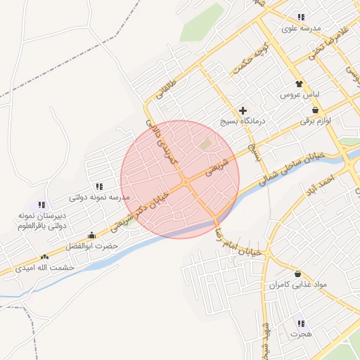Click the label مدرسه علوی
click(x=301, y=28)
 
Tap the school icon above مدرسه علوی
click(x=301, y=17)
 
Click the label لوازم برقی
click(x=315, y=121)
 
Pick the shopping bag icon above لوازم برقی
click(x=315, y=110)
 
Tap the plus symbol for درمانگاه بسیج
click(x=243, y=110)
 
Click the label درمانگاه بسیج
click(x=243, y=121)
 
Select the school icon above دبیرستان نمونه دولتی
click(x=41, y=205)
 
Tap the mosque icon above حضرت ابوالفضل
click(x=91, y=236)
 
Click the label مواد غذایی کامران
click(x=297, y=285)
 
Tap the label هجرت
click(x=301, y=334)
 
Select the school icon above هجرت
click(x=301, y=323)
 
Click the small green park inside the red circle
click(x=206, y=145)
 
